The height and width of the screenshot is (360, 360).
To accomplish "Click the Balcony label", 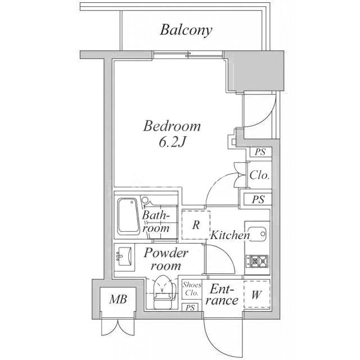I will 186,30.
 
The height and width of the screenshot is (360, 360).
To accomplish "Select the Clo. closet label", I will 259,175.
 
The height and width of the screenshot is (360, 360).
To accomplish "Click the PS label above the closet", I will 259,152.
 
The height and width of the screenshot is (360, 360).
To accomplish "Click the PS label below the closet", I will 258,199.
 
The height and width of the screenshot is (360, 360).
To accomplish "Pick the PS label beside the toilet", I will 191,307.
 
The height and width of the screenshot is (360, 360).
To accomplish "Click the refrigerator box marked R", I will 196,225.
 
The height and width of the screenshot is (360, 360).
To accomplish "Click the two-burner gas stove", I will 258,260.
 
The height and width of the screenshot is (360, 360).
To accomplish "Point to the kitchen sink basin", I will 259,235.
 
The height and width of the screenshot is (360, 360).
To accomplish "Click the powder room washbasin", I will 125,258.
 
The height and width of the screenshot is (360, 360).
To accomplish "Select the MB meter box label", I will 118,299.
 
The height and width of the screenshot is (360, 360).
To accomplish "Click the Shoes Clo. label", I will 191,289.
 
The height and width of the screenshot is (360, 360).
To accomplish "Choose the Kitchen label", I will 230,236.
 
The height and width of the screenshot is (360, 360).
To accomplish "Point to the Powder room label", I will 166,259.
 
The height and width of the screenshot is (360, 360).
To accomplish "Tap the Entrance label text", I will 223,295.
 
